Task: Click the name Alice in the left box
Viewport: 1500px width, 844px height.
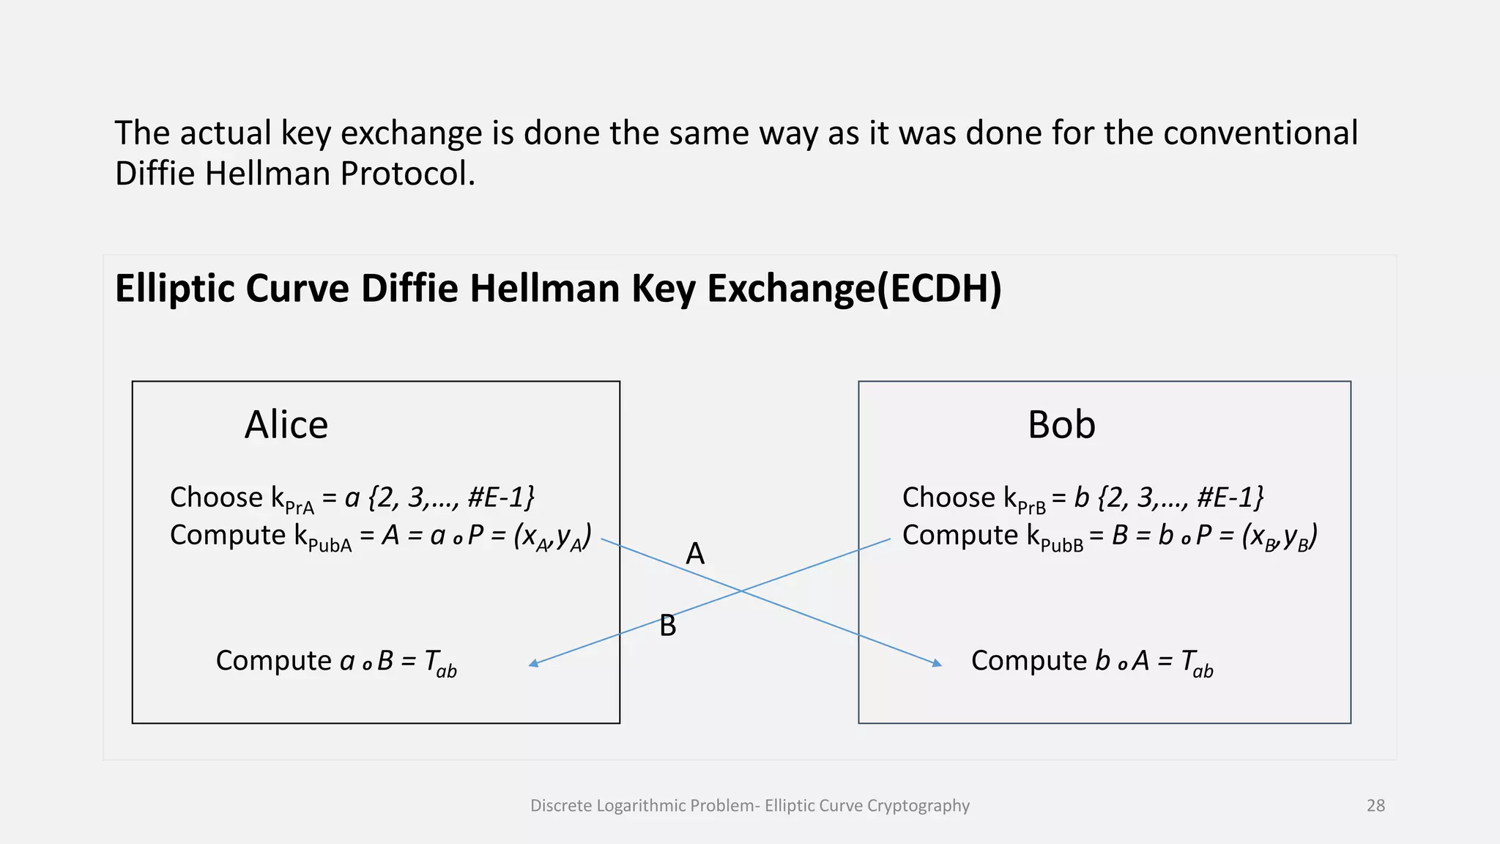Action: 286,425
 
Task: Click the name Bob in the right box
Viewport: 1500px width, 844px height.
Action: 1061,425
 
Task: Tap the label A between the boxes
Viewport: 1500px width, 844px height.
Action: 694,554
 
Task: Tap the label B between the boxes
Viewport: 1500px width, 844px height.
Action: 667,626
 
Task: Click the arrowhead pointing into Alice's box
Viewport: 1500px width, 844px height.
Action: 534,664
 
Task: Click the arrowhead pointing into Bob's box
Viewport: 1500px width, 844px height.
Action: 937,664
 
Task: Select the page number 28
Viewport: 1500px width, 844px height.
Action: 1375,806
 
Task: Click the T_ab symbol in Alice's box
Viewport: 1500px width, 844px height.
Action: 440,662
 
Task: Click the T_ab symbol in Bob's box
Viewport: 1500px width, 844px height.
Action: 1197,662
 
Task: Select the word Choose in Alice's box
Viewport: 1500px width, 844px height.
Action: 216,497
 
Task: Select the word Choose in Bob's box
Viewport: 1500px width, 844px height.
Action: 948,497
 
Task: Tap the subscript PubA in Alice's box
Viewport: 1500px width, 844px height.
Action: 330,546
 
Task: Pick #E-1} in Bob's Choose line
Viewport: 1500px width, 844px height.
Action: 1230,497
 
